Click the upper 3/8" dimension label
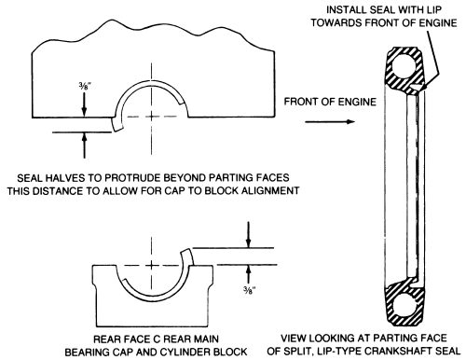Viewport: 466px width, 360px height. point(85,85)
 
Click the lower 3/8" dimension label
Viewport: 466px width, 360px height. point(250,290)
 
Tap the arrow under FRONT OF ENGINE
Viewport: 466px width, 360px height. point(330,121)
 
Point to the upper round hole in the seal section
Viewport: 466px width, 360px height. point(404,66)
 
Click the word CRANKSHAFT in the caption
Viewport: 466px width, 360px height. point(399,351)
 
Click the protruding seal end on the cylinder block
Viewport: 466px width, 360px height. point(116,125)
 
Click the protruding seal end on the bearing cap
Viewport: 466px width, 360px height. point(187,256)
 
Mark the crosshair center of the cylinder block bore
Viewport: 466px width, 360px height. point(152,117)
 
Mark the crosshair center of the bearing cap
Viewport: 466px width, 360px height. point(152,265)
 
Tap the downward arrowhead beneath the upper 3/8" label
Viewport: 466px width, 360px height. point(84,111)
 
